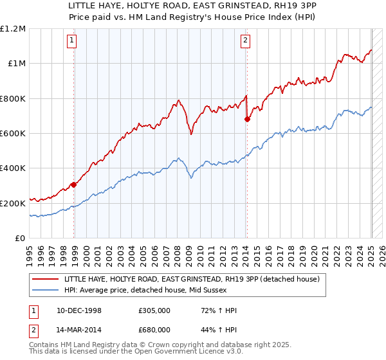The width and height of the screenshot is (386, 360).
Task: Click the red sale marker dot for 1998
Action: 74,184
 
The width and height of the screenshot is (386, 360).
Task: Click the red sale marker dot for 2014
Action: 247,119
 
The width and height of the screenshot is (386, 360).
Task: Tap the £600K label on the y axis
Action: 13,133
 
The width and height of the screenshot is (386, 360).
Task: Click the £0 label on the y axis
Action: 19,238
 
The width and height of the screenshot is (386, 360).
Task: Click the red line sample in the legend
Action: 46,279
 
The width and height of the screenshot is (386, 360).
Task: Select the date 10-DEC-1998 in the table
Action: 78,310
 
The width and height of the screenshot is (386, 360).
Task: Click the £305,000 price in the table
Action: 154,310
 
